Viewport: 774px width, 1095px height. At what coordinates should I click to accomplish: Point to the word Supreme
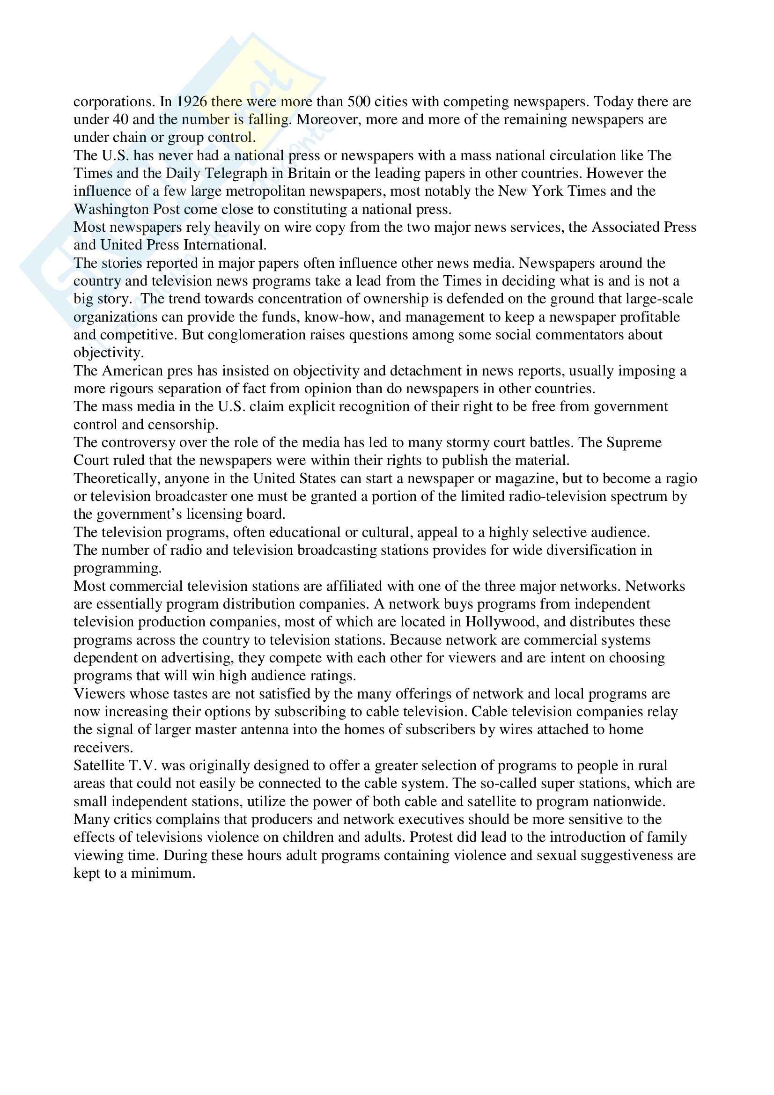click(x=634, y=442)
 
